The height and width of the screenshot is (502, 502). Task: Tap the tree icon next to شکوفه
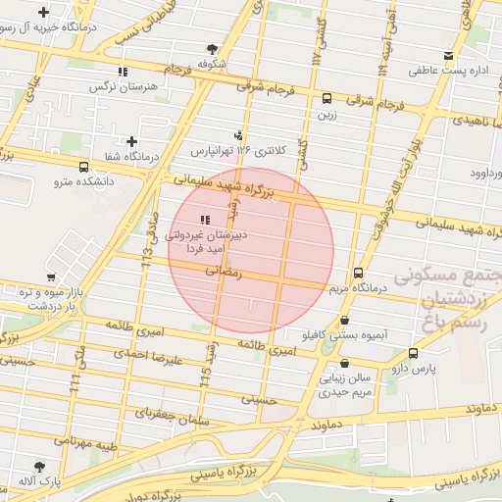tap(213, 49)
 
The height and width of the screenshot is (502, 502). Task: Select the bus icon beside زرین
tap(326, 98)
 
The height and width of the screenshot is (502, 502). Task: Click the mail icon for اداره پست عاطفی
tap(448, 56)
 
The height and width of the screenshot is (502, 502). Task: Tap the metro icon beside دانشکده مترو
tap(83, 168)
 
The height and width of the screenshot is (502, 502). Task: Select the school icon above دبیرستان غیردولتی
tap(204, 220)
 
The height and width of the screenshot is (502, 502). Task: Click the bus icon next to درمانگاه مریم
tap(358, 274)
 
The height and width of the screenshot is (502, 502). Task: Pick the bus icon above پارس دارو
tap(413, 353)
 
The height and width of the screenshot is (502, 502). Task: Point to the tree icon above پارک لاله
tap(40, 468)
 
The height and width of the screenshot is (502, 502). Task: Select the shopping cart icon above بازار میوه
tap(50, 277)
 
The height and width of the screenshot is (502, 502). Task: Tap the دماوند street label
tap(331, 427)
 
